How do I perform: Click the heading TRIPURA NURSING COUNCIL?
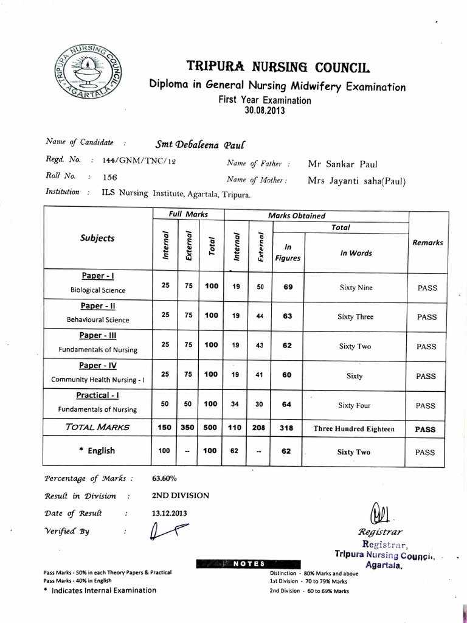tap(277, 66)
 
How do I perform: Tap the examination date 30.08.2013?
tap(265, 111)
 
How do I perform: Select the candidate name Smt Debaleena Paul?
tap(199, 144)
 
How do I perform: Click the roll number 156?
tap(110, 177)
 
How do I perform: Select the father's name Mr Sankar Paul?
tap(343, 164)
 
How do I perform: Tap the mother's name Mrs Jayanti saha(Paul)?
tap(356, 181)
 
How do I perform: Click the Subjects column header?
tap(97, 238)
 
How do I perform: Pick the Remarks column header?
tap(427, 242)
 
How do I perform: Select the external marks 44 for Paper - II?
tap(260, 316)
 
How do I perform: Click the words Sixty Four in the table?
tap(355, 405)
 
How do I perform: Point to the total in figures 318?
tap(288, 428)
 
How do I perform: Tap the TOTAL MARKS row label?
tap(97, 427)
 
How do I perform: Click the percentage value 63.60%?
tap(164, 478)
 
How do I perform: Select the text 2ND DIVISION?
tap(181, 495)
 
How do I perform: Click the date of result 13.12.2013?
tap(170, 513)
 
